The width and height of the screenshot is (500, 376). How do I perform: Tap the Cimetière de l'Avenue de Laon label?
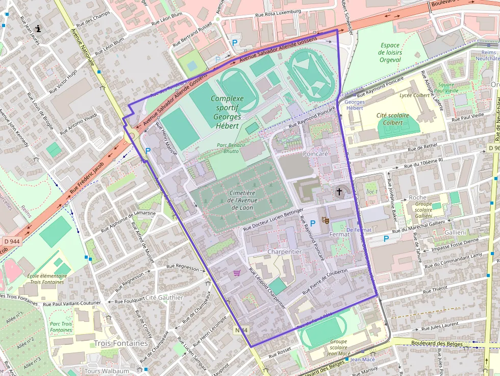coord(242,200)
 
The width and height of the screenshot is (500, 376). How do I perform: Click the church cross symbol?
coord(339,192)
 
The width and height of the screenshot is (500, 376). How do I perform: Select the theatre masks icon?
coord(324,220)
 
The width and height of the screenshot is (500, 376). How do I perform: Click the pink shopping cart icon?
coord(237,273)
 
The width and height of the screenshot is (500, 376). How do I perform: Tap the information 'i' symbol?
coord(38,29)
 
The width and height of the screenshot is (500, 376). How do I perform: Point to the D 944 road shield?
coord(11,241)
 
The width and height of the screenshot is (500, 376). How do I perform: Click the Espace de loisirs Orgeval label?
coord(390,53)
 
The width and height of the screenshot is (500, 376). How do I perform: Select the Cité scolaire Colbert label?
coord(392,119)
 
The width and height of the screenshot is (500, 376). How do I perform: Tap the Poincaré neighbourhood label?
coord(315,153)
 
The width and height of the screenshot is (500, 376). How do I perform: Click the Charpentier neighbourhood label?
coord(284,252)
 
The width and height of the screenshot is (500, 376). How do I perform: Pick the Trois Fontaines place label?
coord(120,343)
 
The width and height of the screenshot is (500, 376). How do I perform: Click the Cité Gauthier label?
coord(164,297)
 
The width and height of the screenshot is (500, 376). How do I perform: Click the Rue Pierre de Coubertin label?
coord(325,281)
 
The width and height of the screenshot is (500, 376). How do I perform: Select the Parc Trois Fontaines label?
coord(61,327)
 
